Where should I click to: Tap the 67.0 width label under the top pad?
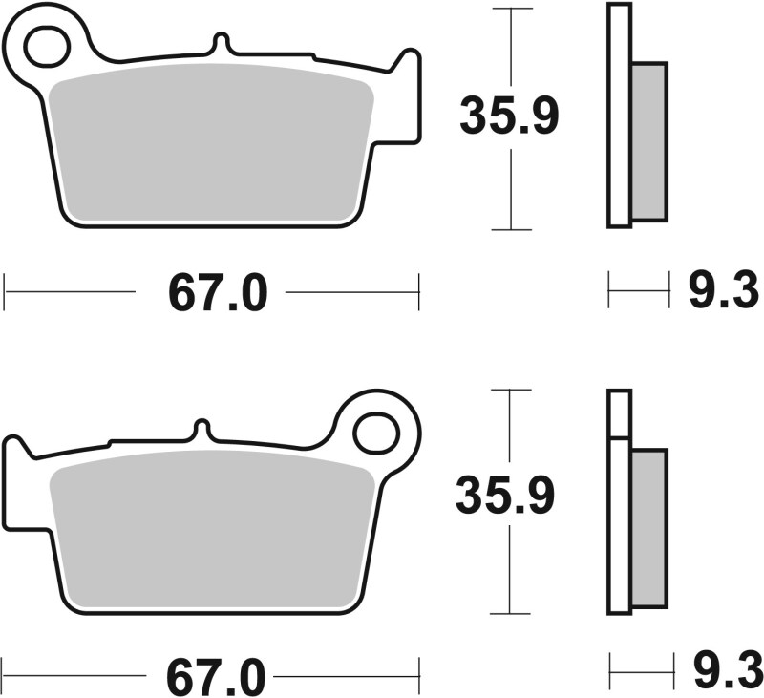[x=217, y=292]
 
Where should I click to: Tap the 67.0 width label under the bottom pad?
[x=217, y=677]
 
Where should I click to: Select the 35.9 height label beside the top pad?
[x=509, y=116]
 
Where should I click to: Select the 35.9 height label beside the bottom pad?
[x=504, y=497]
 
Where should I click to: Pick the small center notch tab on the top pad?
[x=221, y=44]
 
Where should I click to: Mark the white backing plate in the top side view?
[x=618, y=115]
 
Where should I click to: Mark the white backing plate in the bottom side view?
[x=618, y=516]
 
